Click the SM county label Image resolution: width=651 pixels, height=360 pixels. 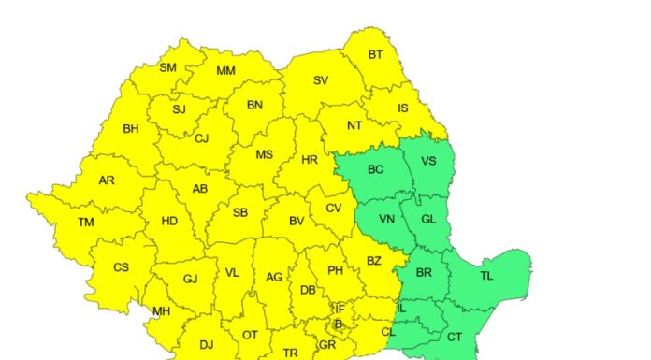[168, 67]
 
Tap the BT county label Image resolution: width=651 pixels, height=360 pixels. [375, 54]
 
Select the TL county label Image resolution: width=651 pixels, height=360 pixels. [486, 276]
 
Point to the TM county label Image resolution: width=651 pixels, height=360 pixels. [86, 222]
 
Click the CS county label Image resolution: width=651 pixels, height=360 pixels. [121, 267]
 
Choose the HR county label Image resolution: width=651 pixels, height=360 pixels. [310, 160]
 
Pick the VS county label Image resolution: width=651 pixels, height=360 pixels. [428, 161]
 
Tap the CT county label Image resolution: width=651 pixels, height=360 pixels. [455, 337]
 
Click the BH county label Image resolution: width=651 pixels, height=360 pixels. [131, 128]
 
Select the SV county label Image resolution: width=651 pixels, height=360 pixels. [321, 80]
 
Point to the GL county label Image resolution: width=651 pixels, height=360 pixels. [428, 219]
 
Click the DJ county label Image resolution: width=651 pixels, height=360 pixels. [206, 344]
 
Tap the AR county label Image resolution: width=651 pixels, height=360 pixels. [107, 180]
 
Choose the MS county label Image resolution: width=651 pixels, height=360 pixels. [265, 154]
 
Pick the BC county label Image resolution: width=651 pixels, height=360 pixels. [375, 169]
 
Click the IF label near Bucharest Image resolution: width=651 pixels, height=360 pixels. [340, 309]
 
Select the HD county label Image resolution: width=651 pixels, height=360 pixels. [169, 221]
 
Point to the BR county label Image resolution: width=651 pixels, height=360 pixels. [424, 272]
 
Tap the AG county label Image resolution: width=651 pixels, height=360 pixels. [274, 277]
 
